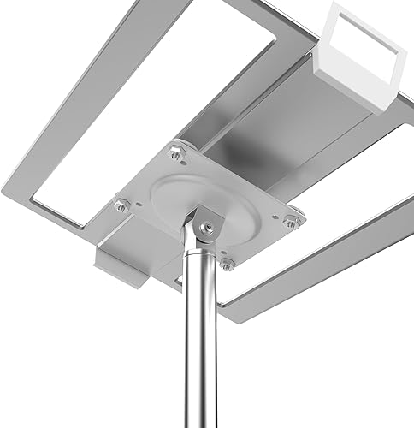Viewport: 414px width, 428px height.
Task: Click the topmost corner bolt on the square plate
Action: point(177,153)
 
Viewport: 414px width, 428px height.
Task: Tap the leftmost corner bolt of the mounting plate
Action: point(121,205)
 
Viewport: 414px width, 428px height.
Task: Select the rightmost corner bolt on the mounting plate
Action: point(292,223)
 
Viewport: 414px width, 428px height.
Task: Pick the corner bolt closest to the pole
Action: point(227,264)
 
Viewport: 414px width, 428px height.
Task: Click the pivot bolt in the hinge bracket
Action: point(208,227)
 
